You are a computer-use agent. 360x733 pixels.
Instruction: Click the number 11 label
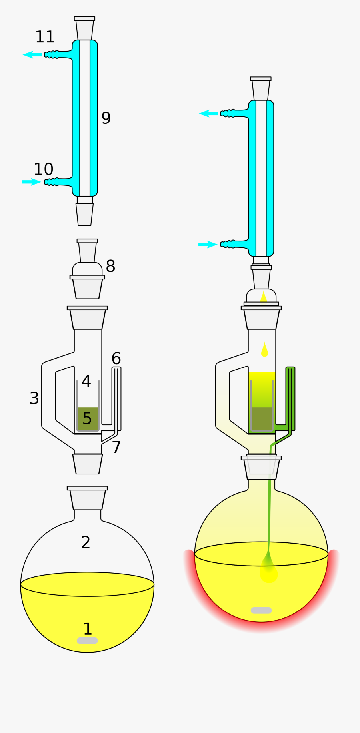pos(45,37)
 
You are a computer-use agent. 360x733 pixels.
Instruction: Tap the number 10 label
pos(44,169)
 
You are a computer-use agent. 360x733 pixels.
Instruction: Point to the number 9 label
pos(106,118)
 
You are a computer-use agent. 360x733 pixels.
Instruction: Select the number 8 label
pos(110,266)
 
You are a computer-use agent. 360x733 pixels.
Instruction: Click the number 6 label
pos(116,358)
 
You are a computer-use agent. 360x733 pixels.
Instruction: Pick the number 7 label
pos(116,448)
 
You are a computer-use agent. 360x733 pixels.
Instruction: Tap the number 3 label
pos(34,398)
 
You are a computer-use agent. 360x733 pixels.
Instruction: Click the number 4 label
pos(86,382)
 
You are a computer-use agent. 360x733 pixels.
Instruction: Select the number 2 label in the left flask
pos(86,542)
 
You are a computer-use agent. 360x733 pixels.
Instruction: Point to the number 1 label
pos(88,629)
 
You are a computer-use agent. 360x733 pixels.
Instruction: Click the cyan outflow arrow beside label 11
pos(32,55)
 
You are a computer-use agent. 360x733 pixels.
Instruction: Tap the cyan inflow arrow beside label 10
pos(31,182)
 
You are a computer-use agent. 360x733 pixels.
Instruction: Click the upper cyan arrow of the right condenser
pos(208,114)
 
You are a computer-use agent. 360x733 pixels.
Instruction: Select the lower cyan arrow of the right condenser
pos(208,244)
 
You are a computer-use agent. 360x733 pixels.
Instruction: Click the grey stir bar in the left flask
pos(87,641)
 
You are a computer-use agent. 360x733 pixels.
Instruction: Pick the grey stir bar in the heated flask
pos(261,610)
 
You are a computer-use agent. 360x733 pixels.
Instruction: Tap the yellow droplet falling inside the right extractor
pos(264,350)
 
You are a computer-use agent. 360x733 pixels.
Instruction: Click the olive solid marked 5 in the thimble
pos(88,419)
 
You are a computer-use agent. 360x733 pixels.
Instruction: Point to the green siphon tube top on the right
pos(290,370)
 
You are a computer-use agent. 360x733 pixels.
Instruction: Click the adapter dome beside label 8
pos(87,269)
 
